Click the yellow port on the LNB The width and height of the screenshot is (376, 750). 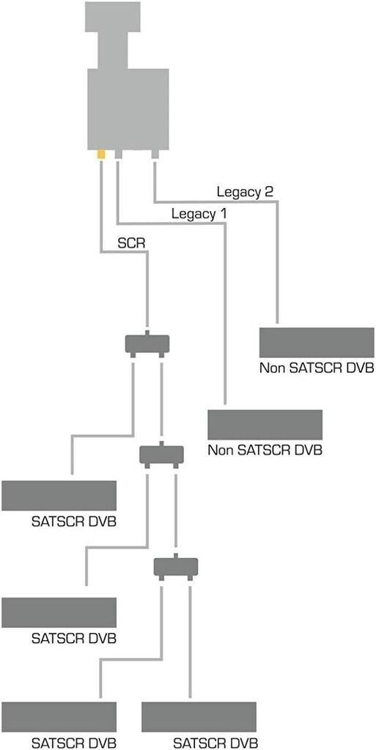pyautogui.click(x=101, y=154)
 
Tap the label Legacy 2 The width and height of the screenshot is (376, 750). pyautogui.click(x=245, y=193)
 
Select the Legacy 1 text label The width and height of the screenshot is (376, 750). pyautogui.click(x=199, y=214)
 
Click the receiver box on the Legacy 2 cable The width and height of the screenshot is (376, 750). pyautogui.click(x=316, y=343)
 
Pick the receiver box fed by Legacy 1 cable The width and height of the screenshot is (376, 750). pyautogui.click(x=265, y=425)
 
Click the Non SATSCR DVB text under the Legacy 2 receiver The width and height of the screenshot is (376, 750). pyautogui.click(x=316, y=368)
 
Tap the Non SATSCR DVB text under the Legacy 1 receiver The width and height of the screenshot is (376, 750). pyautogui.click(x=265, y=450)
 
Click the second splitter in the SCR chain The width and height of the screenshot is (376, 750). pyautogui.click(x=161, y=454)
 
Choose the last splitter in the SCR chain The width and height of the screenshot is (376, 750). pyautogui.click(x=176, y=567)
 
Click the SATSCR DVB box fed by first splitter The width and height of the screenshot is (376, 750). pyautogui.click(x=59, y=496)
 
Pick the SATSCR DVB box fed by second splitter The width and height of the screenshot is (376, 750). pyautogui.click(x=59, y=613)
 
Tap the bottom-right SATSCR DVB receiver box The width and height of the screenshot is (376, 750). pyautogui.click(x=199, y=716)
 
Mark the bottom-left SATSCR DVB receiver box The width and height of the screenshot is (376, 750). pyautogui.click(x=59, y=716)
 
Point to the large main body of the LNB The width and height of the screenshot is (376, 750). pyautogui.click(x=128, y=109)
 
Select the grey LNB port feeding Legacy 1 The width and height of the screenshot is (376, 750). pyautogui.click(x=118, y=155)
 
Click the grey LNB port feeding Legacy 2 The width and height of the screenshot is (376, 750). pyautogui.click(x=155, y=155)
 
